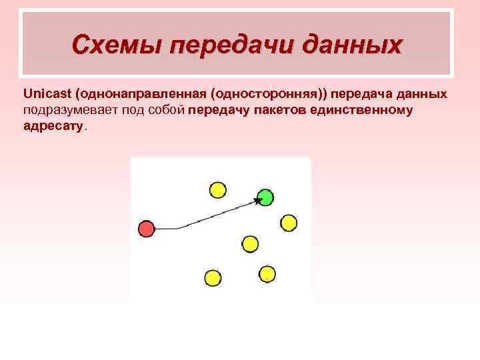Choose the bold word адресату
(x=53, y=125)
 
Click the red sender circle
(x=146, y=229)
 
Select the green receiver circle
(x=265, y=197)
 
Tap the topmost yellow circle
(x=217, y=190)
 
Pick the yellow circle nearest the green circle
(x=288, y=223)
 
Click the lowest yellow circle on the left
(x=212, y=277)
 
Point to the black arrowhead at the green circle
(x=257, y=200)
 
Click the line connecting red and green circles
(x=207, y=217)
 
